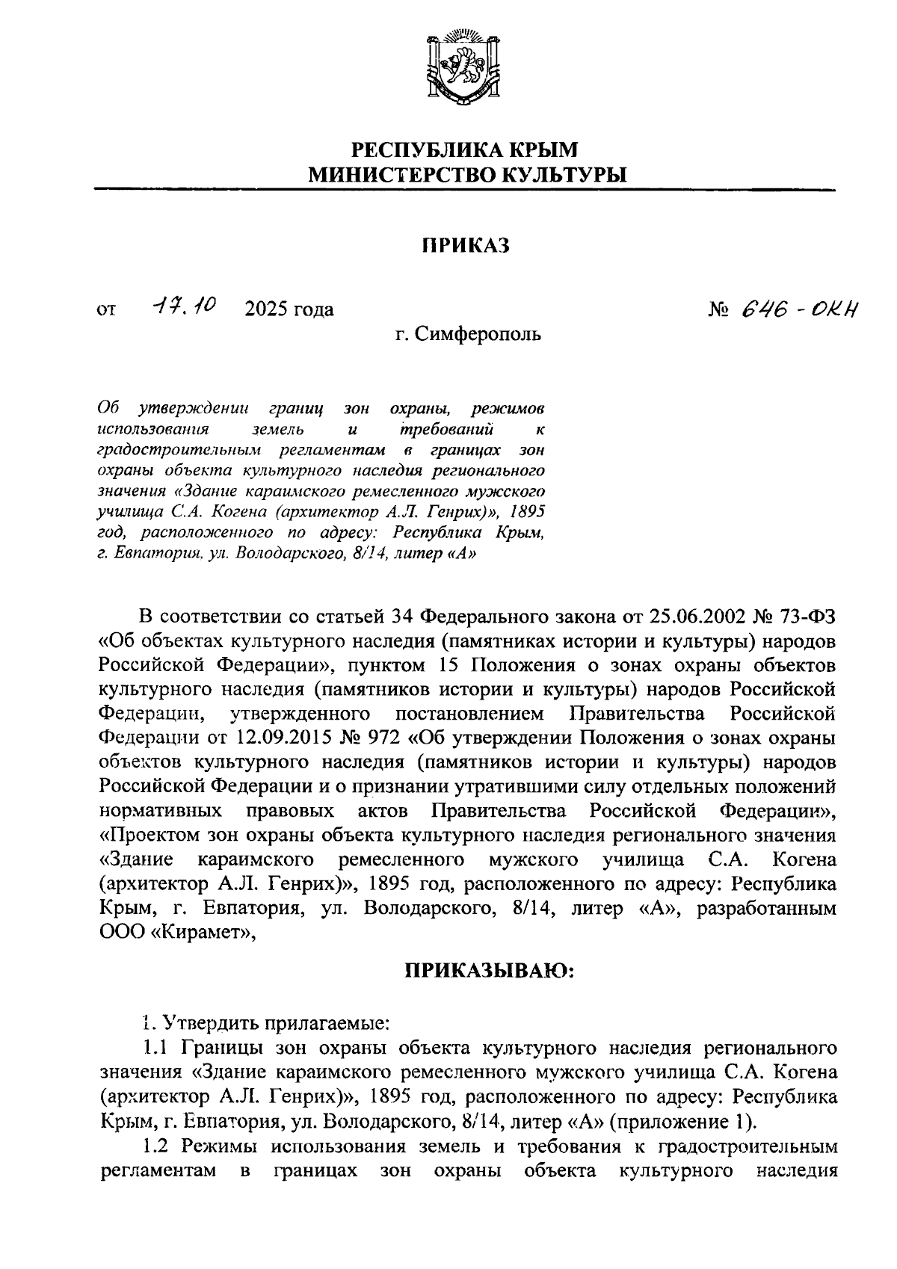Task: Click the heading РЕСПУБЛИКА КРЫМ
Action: tap(465, 149)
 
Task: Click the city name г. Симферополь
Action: tap(468, 334)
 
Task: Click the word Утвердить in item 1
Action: tap(206, 1022)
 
